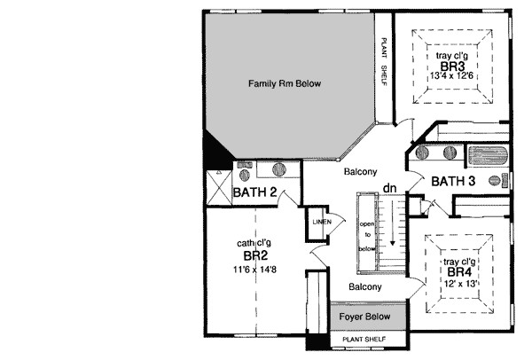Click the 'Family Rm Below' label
(284, 84)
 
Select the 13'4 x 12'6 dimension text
(451, 77)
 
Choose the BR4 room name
(459, 272)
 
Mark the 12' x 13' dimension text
(459, 284)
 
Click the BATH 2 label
(255, 192)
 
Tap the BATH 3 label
(454, 182)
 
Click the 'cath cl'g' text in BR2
(254, 242)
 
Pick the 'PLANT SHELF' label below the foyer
(370, 339)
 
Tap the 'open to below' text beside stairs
(365, 236)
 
